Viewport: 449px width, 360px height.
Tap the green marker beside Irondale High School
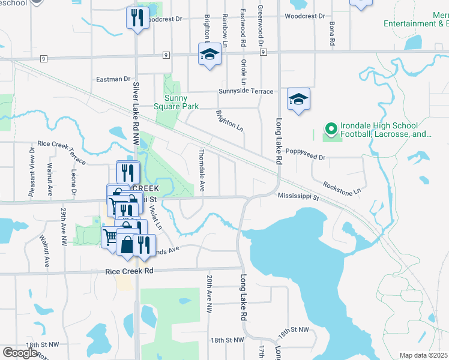pyautogui.click(x=330, y=129)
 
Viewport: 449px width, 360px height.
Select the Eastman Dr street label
pyautogui.click(x=113, y=79)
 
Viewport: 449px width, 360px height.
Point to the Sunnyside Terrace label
pyautogui.click(x=246, y=92)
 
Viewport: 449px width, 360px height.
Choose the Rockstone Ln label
pyautogui.click(x=341, y=187)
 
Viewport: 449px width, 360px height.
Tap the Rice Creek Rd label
pyautogui.click(x=130, y=271)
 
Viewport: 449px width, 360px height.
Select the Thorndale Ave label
pyautogui.click(x=202, y=171)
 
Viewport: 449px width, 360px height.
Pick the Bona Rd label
pyautogui.click(x=331, y=34)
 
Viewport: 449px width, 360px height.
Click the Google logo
pyautogui.click(x=20, y=353)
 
